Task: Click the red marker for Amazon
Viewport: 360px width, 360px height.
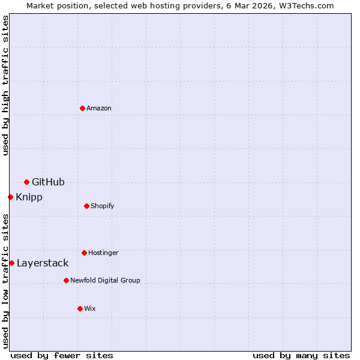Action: (x=82, y=108)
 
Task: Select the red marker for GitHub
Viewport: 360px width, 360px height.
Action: (x=26, y=182)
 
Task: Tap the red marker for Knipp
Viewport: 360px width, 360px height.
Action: (x=10, y=197)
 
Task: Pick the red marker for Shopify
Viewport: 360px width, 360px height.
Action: (x=86, y=206)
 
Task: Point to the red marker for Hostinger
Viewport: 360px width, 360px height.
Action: (x=84, y=253)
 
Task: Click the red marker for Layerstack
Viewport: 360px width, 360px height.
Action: (x=11, y=263)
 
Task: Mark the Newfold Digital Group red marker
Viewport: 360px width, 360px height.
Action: (x=66, y=280)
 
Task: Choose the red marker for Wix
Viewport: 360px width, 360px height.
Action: (x=80, y=308)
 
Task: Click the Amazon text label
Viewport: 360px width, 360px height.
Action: (x=99, y=108)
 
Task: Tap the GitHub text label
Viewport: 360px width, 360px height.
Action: (x=48, y=182)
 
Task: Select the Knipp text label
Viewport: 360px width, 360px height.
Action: (x=29, y=197)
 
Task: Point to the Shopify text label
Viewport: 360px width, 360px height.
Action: (x=103, y=206)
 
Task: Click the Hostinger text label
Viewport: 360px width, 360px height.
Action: (x=103, y=253)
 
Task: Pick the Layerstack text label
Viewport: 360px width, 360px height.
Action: (x=43, y=263)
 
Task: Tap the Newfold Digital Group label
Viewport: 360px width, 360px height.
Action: (x=105, y=280)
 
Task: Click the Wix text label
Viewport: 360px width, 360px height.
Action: (x=90, y=308)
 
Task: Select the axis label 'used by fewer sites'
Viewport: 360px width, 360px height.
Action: (x=62, y=355)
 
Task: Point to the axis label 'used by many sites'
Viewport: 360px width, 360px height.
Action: (x=301, y=355)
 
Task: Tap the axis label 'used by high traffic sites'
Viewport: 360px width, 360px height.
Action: (x=5, y=85)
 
